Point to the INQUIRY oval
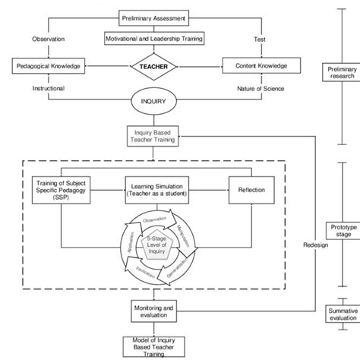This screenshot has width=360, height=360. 155,100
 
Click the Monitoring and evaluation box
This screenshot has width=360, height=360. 155,311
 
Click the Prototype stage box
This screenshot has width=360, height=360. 339,232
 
